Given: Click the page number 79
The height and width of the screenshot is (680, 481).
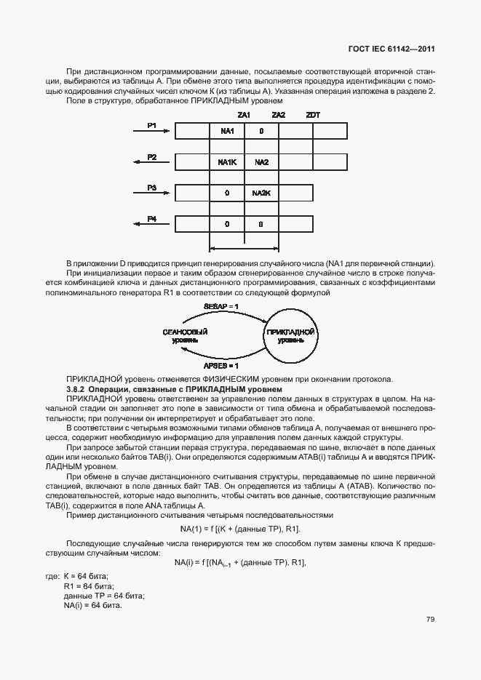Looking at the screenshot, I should pyautogui.click(x=430, y=619).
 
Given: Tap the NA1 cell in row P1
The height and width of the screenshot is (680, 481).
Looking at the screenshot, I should pyautogui.click(x=226, y=131).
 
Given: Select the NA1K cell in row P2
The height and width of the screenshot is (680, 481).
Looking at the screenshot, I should pyautogui.click(x=226, y=162).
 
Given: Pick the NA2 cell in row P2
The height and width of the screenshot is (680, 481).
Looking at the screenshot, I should pyautogui.click(x=261, y=162).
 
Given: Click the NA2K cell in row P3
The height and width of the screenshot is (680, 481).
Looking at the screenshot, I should pyautogui.click(x=261, y=193).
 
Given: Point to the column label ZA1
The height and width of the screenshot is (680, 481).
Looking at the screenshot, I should pyautogui.click(x=244, y=115).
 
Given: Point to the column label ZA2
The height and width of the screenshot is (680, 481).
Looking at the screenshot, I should pyautogui.click(x=278, y=115).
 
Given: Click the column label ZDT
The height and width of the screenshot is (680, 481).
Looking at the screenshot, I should pyautogui.click(x=313, y=115).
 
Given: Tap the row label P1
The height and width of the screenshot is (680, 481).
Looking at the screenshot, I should pyautogui.click(x=152, y=125).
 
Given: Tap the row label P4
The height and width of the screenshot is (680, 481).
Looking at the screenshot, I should pyautogui.click(x=152, y=218).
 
